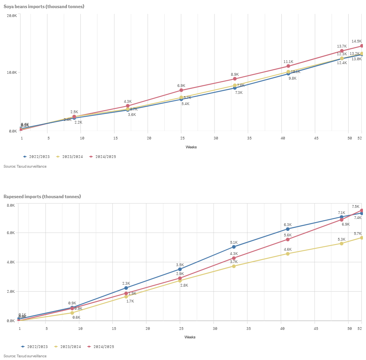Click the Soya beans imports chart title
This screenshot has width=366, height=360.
tap(44, 7)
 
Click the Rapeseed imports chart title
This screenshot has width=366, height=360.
tap(42, 197)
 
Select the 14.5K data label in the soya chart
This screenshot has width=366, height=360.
tap(356, 41)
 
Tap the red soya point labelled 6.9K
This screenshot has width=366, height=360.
tap(181, 90)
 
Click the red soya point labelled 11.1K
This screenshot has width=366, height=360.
tap(288, 66)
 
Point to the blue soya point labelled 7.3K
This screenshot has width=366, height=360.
tap(235, 88)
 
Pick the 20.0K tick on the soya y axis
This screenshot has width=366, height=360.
tap(12, 15)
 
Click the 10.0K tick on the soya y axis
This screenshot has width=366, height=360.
tap(12, 73)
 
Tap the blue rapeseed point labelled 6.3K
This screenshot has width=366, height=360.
tap(288, 229)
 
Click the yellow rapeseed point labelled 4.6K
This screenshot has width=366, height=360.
tap(288, 254)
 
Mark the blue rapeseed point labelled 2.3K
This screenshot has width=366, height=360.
tap(126, 288)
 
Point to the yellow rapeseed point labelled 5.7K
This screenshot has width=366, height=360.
tap(362, 238)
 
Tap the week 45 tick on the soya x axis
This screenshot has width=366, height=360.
tap(316, 138)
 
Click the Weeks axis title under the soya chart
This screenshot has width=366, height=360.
tap(191, 147)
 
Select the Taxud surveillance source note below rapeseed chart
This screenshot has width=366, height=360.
tap(25, 356)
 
